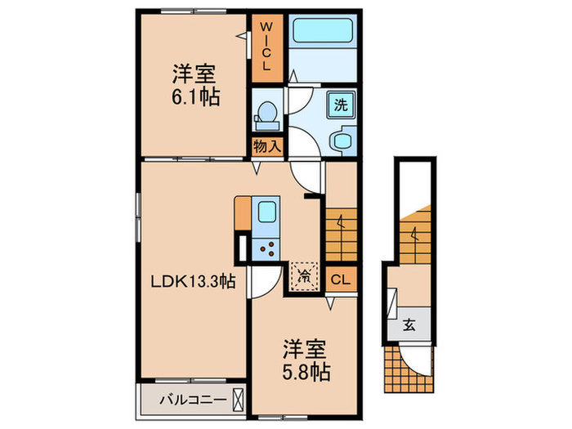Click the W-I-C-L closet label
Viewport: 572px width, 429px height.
click(x=266, y=47)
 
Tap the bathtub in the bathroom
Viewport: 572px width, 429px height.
click(x=323, y=31)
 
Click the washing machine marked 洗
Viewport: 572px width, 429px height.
click(x=341, y=105)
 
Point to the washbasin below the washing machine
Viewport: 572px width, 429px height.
click(x=343, y=141)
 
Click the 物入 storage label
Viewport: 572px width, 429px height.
click(x=267, y=146)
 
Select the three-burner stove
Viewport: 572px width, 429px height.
click(x=266, y=248)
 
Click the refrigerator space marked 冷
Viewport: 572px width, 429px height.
click(x=304, y=276)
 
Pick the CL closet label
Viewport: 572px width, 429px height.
click(x=341, y=279)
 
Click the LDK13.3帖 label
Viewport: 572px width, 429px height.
click(x=194, y=281)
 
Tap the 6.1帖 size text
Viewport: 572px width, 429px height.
click(x=195, y=97)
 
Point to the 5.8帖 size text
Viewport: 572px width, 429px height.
click(x=306, y=372)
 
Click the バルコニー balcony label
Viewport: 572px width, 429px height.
click(x=193, y=400)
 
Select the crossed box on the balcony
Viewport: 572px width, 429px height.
click(x=239, y=400)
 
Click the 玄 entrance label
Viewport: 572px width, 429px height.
click(x=409, y=324)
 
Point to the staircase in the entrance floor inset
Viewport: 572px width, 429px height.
click(x=415, y=235)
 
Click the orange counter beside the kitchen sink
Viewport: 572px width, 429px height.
click(x=243, y=213)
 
